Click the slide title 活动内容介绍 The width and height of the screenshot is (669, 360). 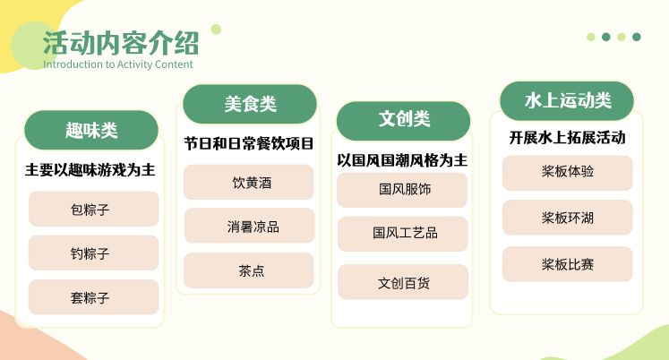click(121, 43)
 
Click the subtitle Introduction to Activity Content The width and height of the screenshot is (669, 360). click(117, 64)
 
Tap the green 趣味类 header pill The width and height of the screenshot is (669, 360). click(91, 131)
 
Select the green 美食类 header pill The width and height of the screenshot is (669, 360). click(250, 104)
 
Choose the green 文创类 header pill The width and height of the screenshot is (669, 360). click(403, 119)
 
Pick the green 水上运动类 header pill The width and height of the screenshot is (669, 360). click(567, 100)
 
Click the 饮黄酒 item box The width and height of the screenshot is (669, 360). click(249, 182)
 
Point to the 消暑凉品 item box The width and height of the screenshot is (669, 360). click(249, 226)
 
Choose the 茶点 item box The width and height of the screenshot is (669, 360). click(249, 270)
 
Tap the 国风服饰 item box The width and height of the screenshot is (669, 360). click(403, 190)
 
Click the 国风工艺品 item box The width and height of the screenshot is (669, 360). click(403, 233)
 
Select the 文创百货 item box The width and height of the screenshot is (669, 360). click(403, 282)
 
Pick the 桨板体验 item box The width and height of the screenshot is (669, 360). click(567, 172)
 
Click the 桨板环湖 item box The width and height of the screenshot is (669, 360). click(567, 218)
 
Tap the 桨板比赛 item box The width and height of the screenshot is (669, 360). click(567, 264)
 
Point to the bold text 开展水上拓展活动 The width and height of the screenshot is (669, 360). click(567, 138)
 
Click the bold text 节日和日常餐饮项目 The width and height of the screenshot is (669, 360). click(249, 143)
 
